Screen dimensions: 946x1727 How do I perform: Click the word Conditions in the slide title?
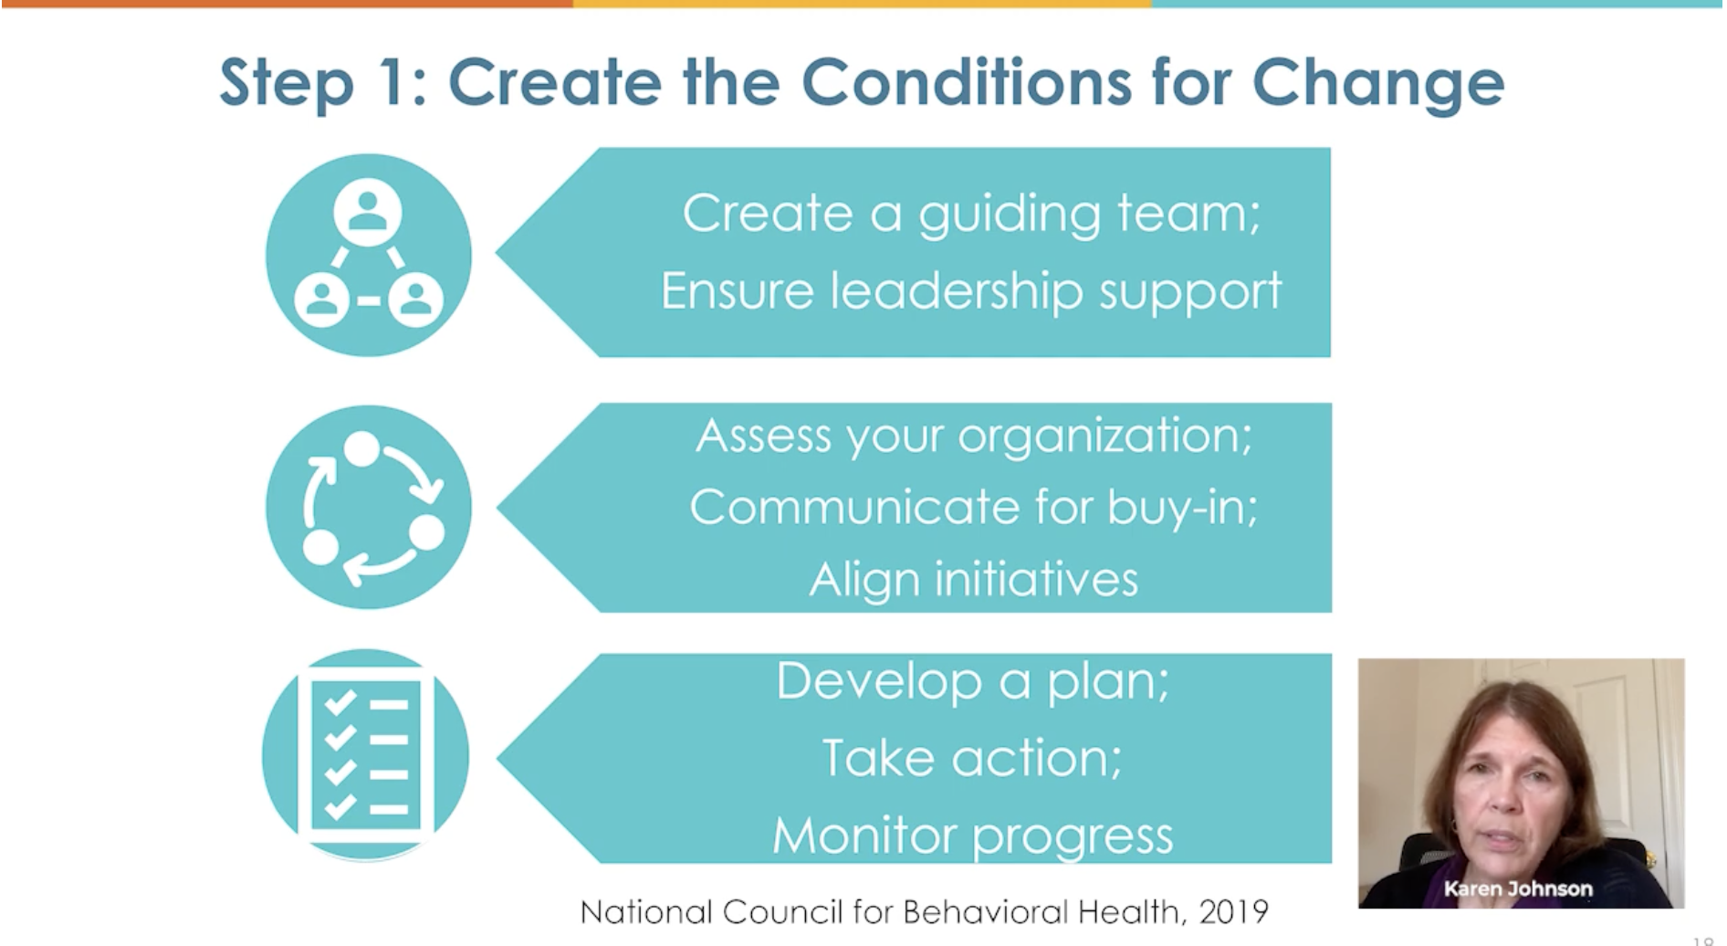pos(968,82)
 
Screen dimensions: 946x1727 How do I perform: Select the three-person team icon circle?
pos(368,255)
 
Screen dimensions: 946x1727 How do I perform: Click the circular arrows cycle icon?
pos(368,507)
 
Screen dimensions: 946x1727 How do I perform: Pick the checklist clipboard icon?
pos(365,755)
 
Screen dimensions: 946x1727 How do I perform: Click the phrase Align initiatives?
pos(974,580)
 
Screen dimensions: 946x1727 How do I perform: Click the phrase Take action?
pos(972,758)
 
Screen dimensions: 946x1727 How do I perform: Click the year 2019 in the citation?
pos(1233,911)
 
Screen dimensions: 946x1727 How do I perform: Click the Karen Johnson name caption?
pos(1517,888)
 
